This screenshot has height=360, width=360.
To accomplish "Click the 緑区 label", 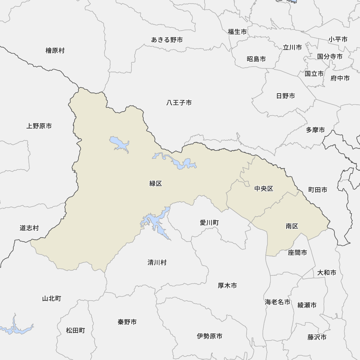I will [156, 184].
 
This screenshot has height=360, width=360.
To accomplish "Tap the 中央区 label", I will [264, 189].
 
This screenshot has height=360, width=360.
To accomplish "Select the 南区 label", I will [292, 226].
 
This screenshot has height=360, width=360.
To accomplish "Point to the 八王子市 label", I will [179, 103].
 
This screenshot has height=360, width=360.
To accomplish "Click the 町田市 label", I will [318, 190].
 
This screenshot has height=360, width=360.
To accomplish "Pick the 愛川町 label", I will [209, 223].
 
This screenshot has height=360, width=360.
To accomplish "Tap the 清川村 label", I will [157, 262].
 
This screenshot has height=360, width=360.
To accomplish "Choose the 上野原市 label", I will [39, 126].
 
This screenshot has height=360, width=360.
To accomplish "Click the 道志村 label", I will [29, 228].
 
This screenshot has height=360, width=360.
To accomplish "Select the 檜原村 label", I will [55, 51].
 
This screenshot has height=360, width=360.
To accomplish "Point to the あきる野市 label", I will [167, 40].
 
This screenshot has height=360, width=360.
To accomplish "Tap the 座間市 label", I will [298, 253].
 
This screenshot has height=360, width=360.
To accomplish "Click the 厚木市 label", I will [228, 285].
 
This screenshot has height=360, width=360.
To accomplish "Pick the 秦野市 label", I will [127, 322].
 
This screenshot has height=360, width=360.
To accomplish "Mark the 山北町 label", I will [51, 298].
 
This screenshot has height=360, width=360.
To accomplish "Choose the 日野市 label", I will [285, 96].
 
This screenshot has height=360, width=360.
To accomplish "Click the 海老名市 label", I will [278, 302].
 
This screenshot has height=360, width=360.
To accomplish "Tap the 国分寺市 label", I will [330, 57].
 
